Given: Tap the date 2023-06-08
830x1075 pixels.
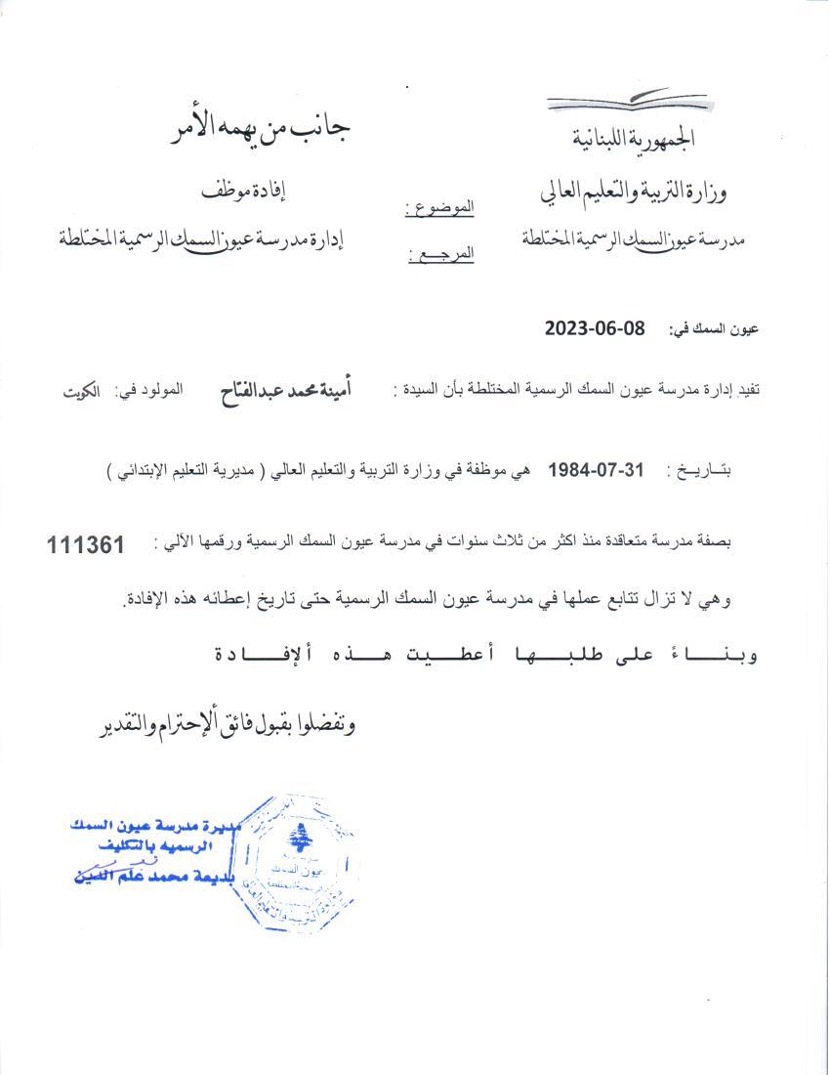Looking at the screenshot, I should tap(596, 329).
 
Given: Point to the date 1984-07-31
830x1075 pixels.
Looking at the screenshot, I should tap(597, 469).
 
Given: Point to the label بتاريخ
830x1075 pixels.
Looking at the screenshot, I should tap(699, 471).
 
